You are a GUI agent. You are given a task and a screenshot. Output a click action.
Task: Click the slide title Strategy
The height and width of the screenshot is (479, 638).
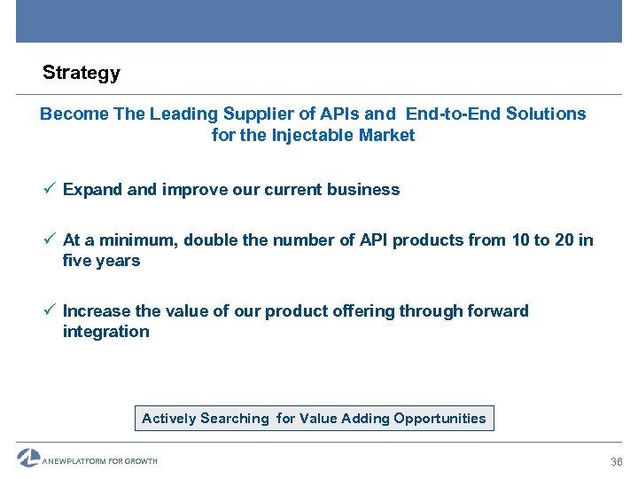point(82,74)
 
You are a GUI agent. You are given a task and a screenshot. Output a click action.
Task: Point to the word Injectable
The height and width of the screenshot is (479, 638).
point(316,136)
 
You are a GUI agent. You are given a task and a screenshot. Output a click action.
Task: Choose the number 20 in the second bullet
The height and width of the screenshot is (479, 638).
point(564,240)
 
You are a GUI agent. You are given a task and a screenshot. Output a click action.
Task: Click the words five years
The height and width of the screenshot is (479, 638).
point(101,261)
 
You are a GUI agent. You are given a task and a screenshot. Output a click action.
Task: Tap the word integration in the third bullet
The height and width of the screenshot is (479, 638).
point(106,332)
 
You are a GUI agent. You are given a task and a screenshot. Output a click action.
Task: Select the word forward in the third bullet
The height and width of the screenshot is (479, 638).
point(498,311)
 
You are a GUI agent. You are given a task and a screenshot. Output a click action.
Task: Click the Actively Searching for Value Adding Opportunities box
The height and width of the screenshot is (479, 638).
point(314,419)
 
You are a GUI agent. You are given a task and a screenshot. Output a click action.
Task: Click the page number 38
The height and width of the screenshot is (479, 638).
point(617,462)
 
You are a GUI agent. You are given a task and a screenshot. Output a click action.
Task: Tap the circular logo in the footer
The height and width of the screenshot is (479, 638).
point(28,458)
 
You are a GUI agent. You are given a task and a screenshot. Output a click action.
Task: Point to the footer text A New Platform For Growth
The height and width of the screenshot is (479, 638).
point(101,461)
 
